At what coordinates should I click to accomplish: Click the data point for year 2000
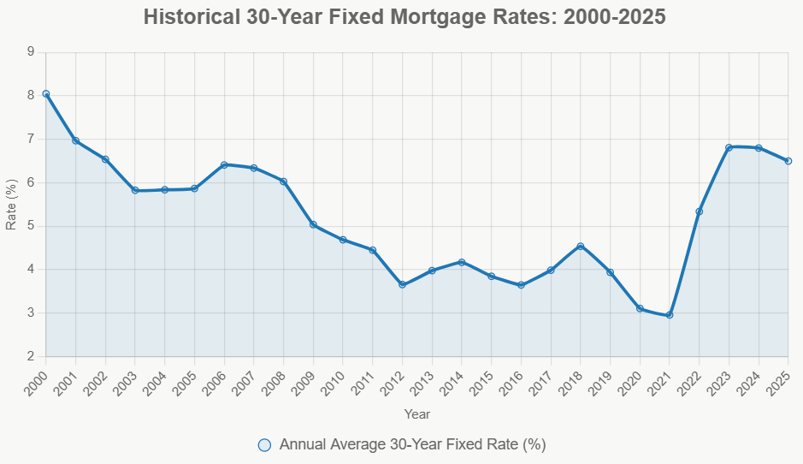(x=46, y=94)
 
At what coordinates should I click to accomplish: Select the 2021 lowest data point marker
(x=670, y=315)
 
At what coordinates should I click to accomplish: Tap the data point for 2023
(x=729, y=147)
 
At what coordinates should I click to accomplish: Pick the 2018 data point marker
(x=581, y=247)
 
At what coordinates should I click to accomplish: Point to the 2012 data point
(x=402, y=285)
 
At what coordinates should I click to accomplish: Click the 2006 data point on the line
(x=224, y=164)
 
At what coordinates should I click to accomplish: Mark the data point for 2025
(x=788, y=161)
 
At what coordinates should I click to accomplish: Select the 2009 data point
(x=313, y=224)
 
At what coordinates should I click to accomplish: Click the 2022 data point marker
(x=700, y=211)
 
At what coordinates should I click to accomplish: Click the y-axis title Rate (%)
(x=11, y=205)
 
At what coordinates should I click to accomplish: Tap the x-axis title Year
(x=417, y=414)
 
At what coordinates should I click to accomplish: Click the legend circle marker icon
(x=264, y=444)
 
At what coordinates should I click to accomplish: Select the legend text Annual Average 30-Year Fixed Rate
(x=412, y=444)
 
